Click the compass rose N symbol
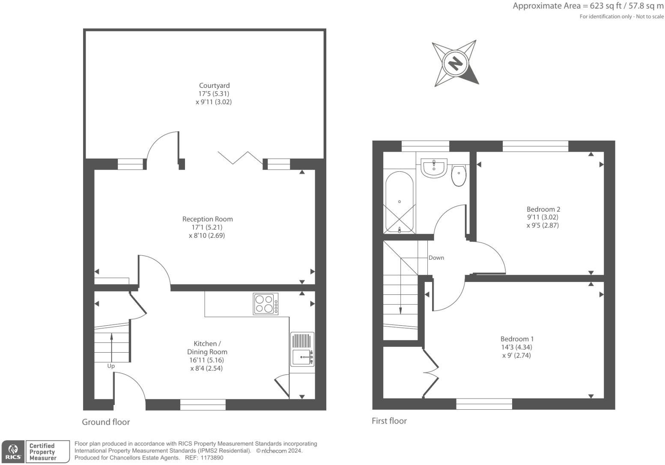(455, 63)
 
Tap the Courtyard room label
(214, 85)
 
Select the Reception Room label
(207, 219)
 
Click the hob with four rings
(265, 304)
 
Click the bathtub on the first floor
(400, 202)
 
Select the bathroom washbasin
(434, 168)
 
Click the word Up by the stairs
(111, 366)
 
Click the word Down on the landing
(436, 258)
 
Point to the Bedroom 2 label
(543, 209)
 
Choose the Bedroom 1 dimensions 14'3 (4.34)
(518, 347)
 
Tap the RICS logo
(13, 452)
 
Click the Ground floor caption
(106, 422)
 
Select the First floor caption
(389, 421)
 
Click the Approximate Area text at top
(588, 6)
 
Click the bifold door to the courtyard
(241, 158)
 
